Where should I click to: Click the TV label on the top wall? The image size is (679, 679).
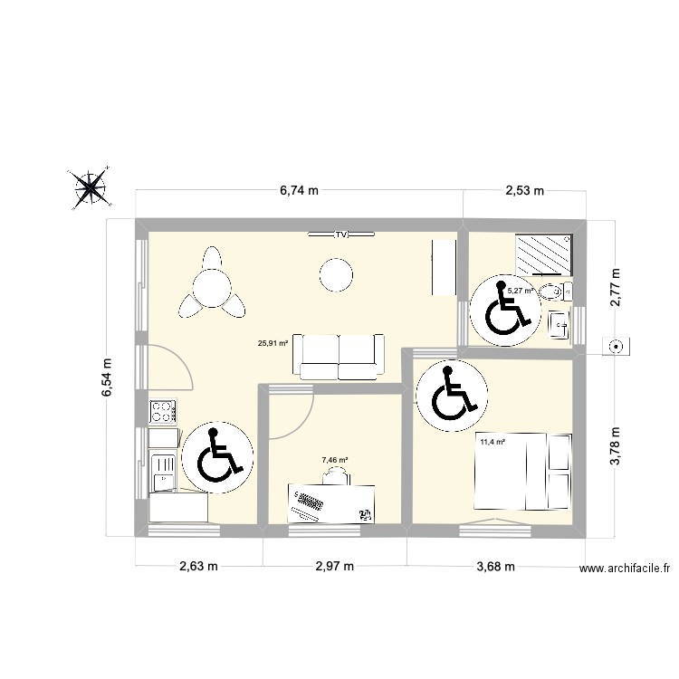pyautogui.click(x=341, y=234)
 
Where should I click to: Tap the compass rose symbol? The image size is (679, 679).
pyautogui.click(x=90, y=188)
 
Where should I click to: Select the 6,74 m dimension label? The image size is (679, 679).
pyautogui.click(x=300, y=190)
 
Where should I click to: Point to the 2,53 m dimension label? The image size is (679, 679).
pyautogui.click(x=524, y=190)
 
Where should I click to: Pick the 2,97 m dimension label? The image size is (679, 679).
pyautogui.click(x=335, y=566)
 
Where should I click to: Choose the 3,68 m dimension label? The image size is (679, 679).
pyautogui.click(x=496, y=566)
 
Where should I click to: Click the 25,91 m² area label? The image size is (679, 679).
pyautogui.click(x=273, y=343)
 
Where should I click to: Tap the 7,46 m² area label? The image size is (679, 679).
pyautogui.click(x=335, y=460)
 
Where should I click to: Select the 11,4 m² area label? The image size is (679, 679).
pyautogui.click(x=493, y=442)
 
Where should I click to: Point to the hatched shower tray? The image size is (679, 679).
pyautogui.click(x=543, y=254)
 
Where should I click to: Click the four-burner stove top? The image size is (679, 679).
pyautogui.click(x=163, y=411)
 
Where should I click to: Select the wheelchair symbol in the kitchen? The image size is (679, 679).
pyautogui.click(x=217, y=458)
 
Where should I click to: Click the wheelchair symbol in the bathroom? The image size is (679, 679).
pyautogui.click(x=505, y=310)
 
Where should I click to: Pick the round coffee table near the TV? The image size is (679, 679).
pyautogui.click(x=336, y=275)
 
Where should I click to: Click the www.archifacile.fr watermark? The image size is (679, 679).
pyautogui.click(x=625, y=569)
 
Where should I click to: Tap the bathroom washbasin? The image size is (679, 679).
pyautogui.click(x=559, y=324)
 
